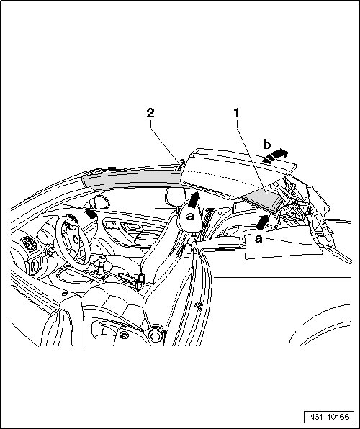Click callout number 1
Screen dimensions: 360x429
236,113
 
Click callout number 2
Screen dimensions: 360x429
150,113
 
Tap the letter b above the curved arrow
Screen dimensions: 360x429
266,144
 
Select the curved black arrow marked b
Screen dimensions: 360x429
275,155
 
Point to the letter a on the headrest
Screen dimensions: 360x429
189,217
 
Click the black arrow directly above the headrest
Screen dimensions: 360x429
194,200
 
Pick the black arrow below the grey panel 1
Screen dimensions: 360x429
262,222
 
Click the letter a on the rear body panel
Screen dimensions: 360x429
258,239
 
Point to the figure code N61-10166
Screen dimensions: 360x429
329,417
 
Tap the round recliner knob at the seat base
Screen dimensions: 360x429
156,335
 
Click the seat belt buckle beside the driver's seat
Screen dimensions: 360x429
140,280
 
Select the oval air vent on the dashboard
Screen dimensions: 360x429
29,243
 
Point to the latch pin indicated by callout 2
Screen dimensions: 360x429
181,165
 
